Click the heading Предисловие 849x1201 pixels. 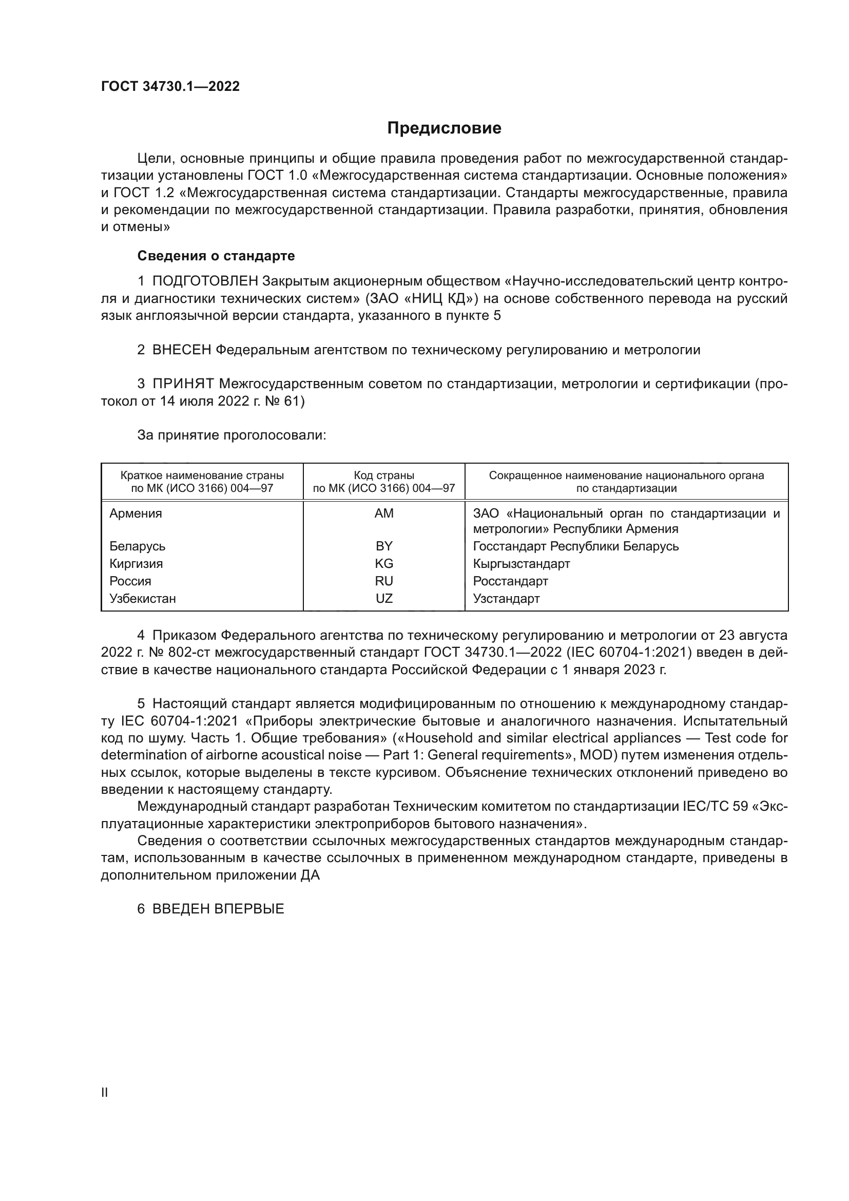(x=444, y=128)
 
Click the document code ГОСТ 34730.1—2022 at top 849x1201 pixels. (x=170, y=87)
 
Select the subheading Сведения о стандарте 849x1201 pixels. (x=216, y=256)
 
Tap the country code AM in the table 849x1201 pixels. (x=384, y=513)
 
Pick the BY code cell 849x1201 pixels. (x=384, y=546)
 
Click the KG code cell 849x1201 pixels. (x=384, y=563)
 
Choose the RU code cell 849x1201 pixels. (x=384, y=581)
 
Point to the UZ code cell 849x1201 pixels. (x=384, y=598)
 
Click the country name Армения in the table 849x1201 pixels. (x=136, y=513)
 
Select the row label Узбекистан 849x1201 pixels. (x=143, y=598)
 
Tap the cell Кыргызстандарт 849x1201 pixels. (x=521, y=563)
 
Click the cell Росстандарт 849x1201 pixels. (x=510, y=581)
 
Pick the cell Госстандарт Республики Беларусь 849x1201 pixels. (x=575, y=546)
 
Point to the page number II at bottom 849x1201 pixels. (x=105, y=1092)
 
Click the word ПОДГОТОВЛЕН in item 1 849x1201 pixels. (x=205, y=281)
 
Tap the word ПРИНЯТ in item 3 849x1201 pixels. (x=183, y=384)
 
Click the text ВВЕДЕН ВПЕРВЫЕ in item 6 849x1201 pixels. (x=218, y=909)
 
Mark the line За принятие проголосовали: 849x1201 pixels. (x=231, y=435)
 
